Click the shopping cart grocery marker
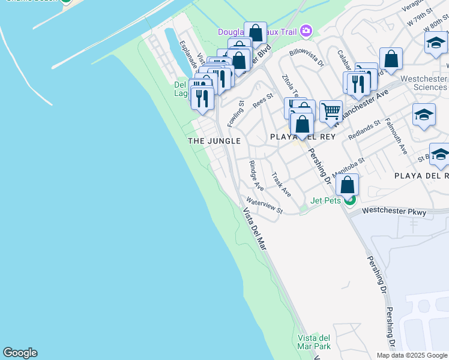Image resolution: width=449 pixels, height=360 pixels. point(331,112)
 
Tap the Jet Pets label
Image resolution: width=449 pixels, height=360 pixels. point(325,200)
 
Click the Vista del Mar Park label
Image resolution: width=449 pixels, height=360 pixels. point(314,342)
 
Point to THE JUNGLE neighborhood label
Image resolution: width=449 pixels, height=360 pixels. point(214,141)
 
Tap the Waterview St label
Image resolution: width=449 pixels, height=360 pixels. point(264,206)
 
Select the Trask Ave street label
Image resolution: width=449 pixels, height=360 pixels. point(281,185)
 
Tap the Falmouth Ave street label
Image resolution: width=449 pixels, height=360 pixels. point(396,137)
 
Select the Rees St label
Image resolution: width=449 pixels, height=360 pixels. point(263,100)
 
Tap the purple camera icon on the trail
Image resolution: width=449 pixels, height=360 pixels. point(306,30)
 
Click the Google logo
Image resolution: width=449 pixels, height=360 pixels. point(20,353)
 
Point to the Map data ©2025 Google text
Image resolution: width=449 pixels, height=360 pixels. point(411,355)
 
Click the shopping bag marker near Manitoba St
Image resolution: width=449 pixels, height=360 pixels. point(347,185)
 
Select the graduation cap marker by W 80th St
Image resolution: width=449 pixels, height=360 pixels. point(436,43)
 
